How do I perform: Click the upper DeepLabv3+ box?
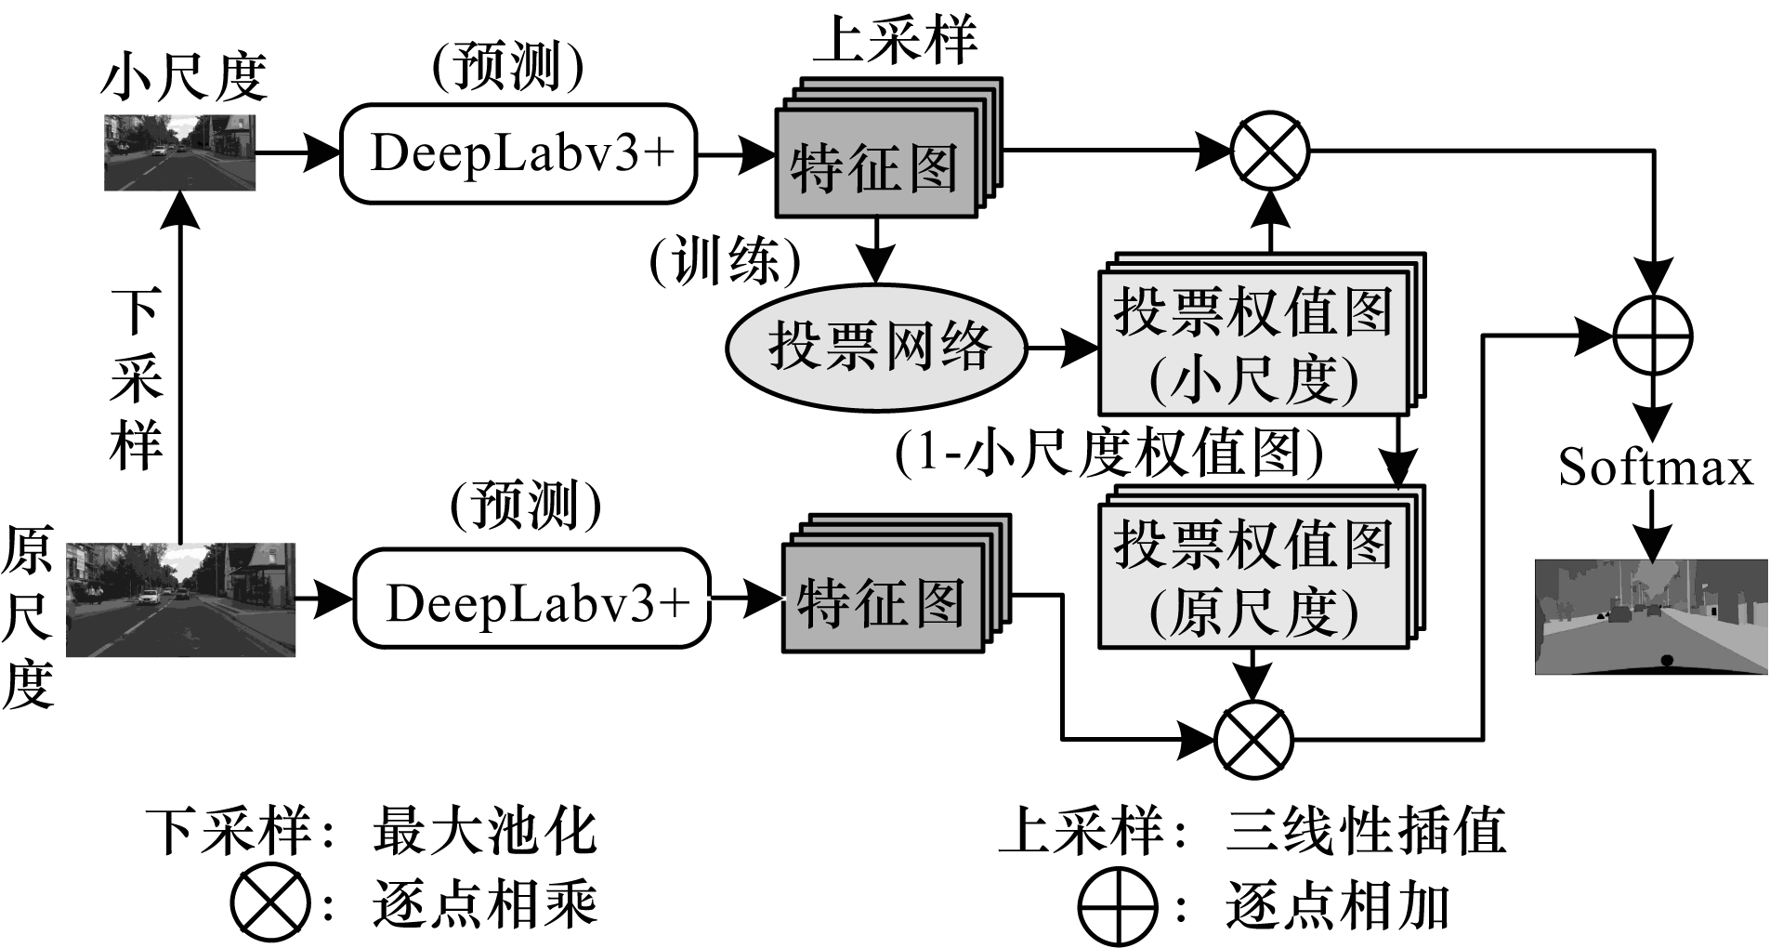click(518, 153)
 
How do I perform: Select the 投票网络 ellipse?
click(876, 347)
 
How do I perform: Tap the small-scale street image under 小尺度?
click(179, 152)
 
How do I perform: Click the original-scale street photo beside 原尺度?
click(180, 599)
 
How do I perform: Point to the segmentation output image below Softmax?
click(1651, 616)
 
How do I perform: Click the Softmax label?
click(1655, 467)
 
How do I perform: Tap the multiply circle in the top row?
click(1269, 151)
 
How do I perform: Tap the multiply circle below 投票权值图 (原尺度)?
click(1253, 740)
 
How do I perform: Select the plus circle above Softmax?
click(1652, 335)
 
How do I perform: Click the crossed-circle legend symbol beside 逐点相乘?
click(269, 902)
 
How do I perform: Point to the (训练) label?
click(725, 261)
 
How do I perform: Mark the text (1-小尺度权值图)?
click(1108, 453)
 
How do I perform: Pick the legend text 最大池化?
click(484, 830)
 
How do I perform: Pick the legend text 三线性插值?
click(1365, 830)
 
